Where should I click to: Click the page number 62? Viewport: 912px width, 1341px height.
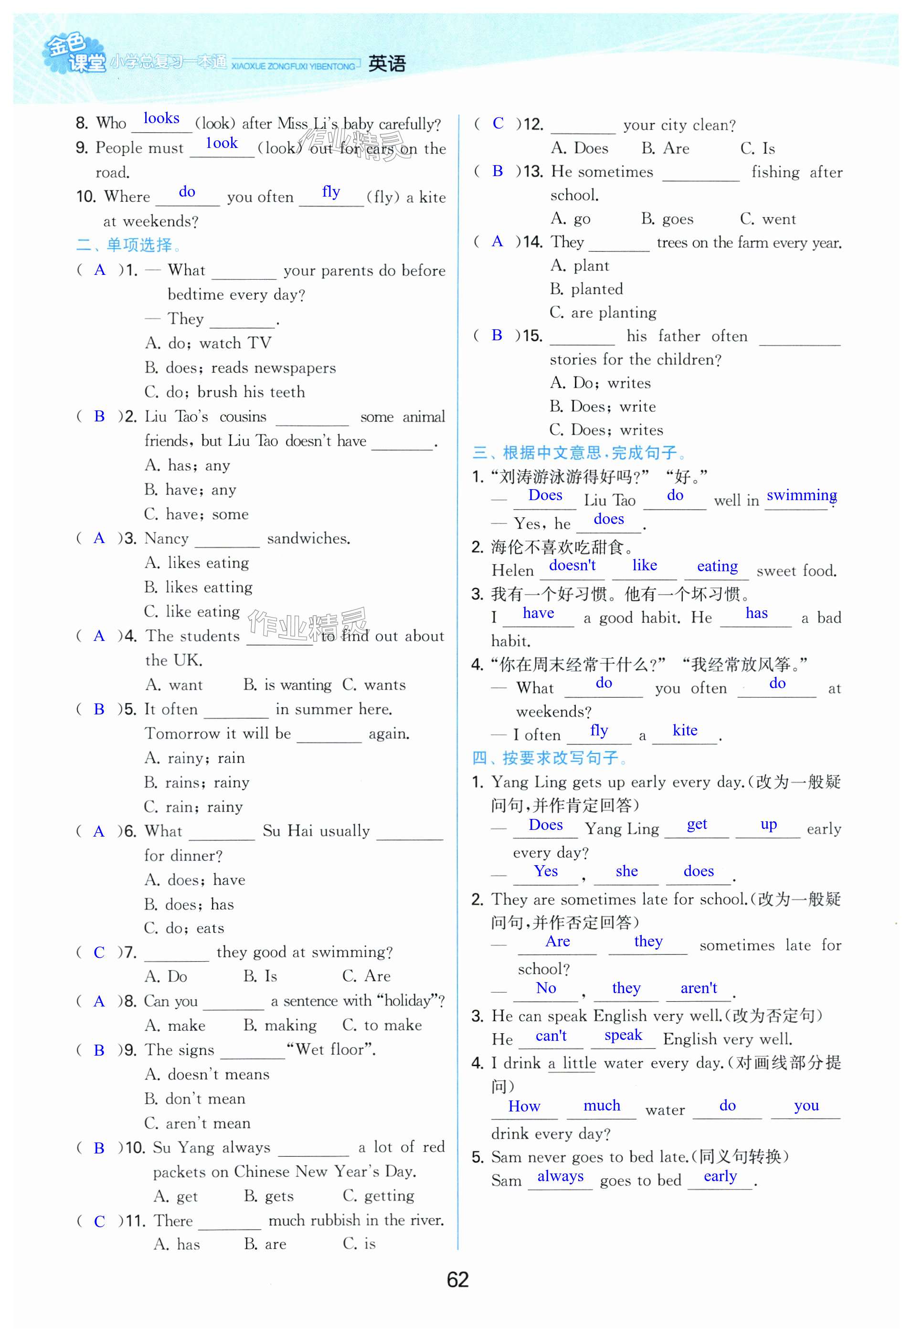click(457, 1279)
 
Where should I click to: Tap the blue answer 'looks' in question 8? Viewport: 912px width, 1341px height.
click(161, 118)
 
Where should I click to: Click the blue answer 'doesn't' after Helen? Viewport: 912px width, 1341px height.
click(572, 566)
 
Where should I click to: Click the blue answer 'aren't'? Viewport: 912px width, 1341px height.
click(699, 988)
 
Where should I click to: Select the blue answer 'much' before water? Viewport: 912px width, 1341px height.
click(602, 1106)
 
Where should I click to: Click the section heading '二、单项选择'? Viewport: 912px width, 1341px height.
click(128, 245)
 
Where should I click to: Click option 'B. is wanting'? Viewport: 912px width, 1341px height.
click(287, 685)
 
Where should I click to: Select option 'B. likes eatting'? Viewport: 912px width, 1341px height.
click(198, 587)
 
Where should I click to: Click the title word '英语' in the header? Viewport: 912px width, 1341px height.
click(387, 63)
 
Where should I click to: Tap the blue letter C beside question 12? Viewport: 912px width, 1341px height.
click(498, 123)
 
